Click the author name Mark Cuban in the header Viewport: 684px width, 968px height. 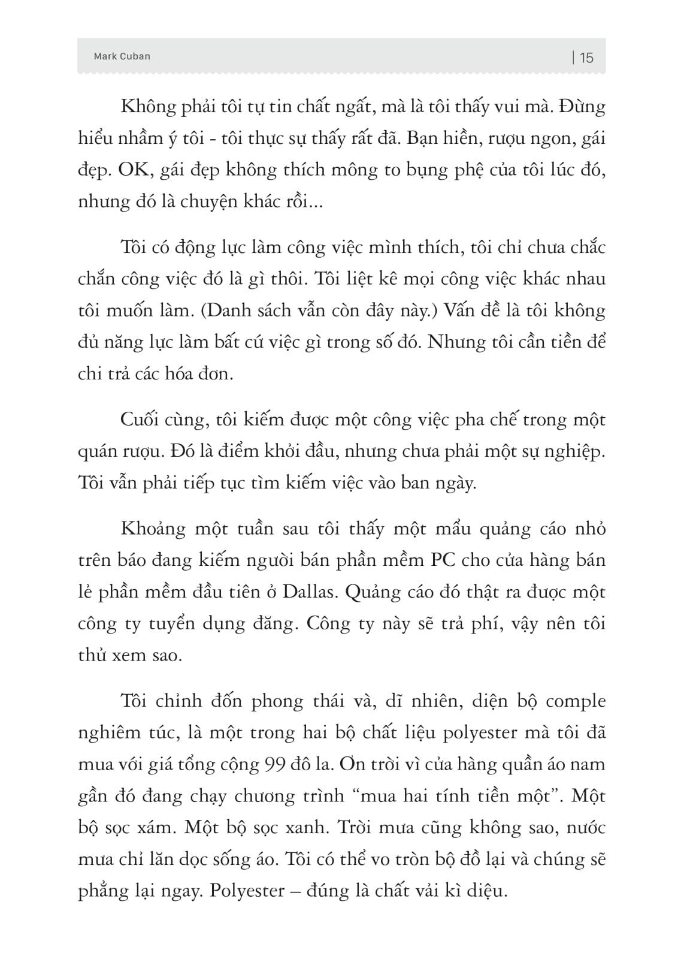click(x=122, y=56)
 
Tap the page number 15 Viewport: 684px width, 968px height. click(x=586, y=58)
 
